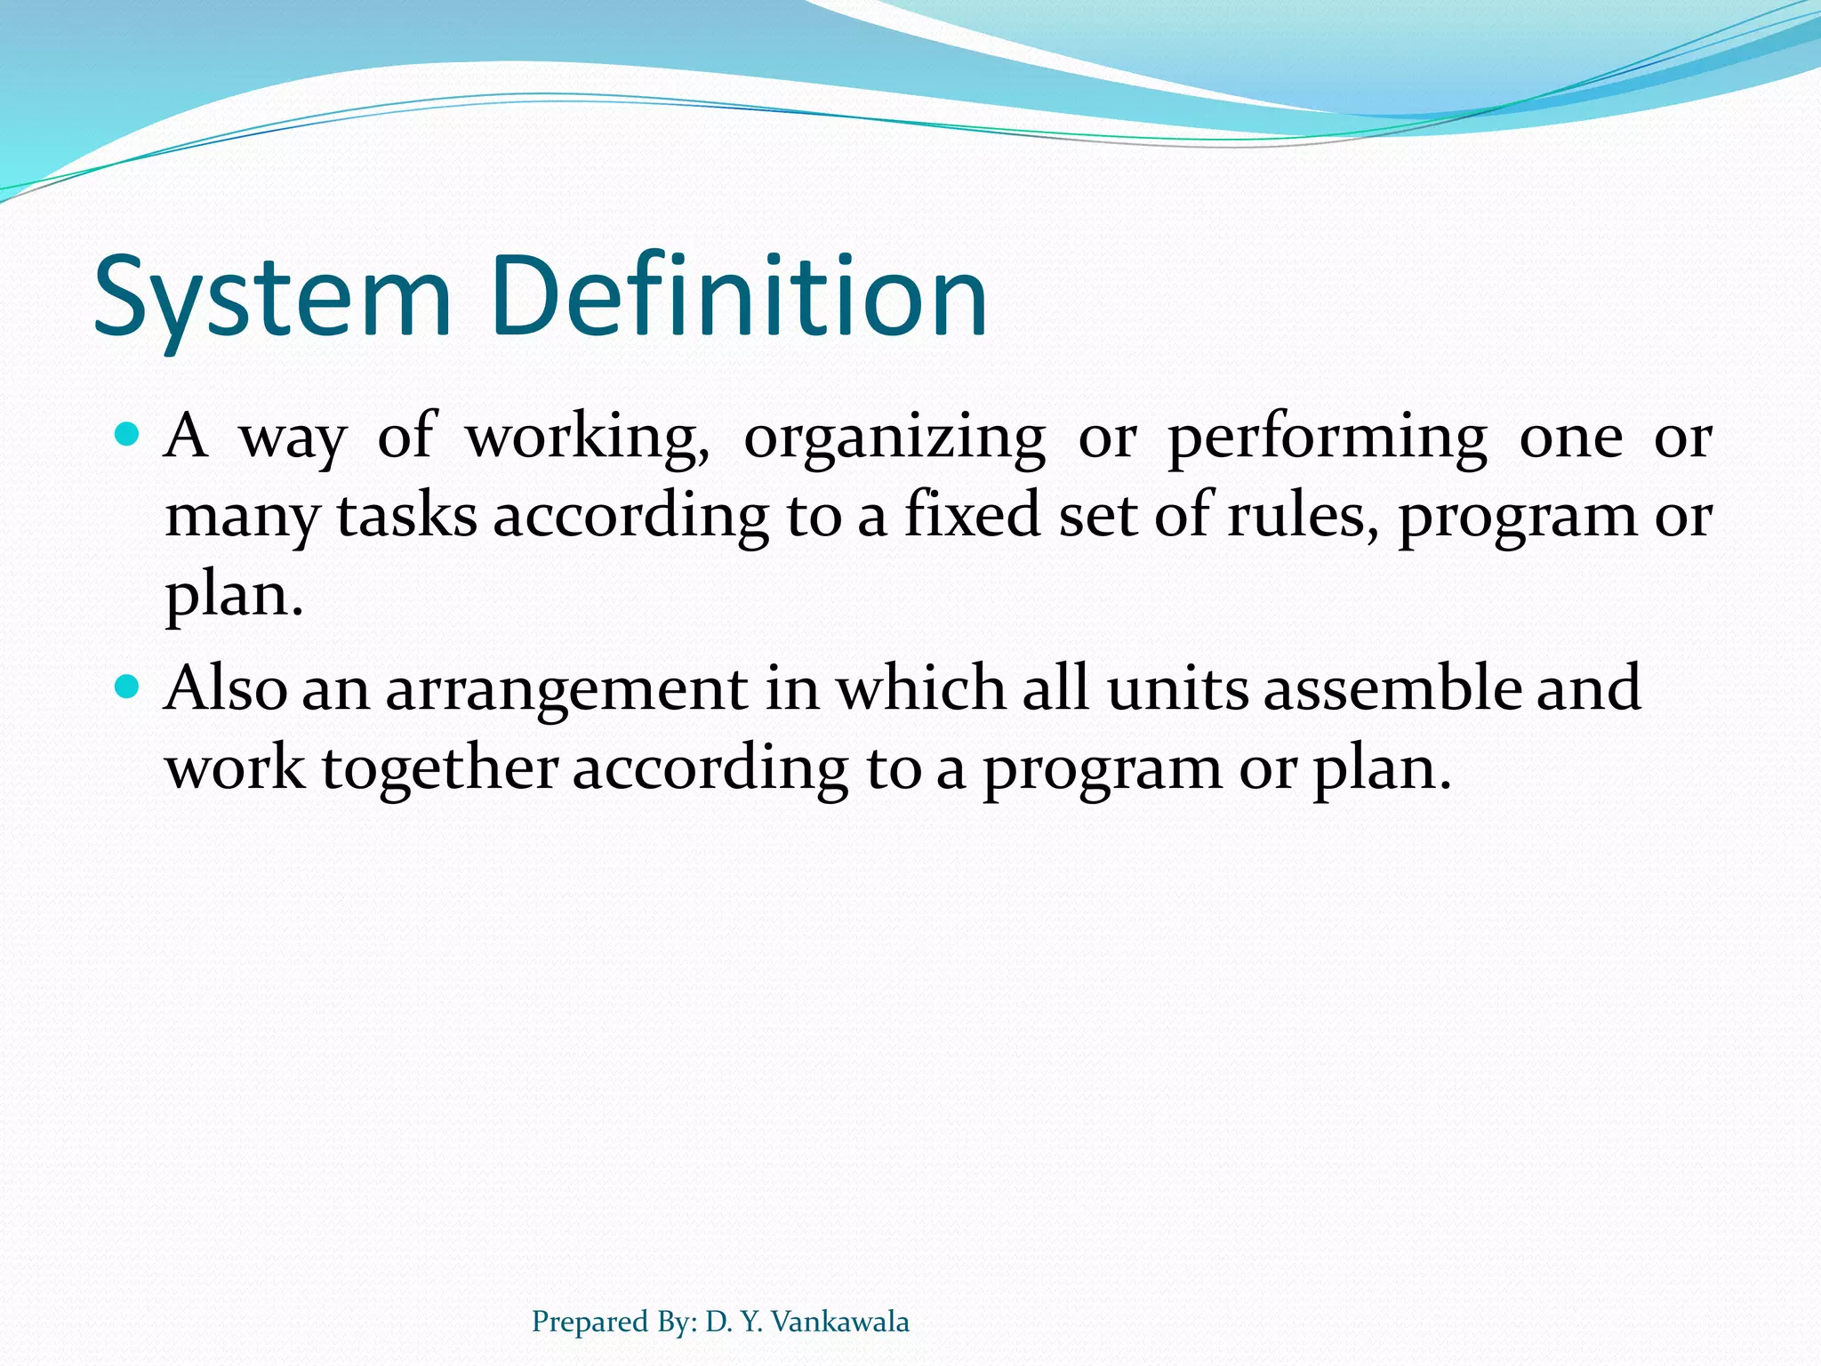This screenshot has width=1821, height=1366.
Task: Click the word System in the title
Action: (272, 298)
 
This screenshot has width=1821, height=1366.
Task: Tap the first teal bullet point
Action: (128, 435)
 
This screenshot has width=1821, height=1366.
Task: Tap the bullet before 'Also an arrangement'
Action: (128, 687)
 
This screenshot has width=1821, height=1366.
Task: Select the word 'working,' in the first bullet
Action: (588, 438)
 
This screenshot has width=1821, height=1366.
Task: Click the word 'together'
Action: (440, 767)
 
